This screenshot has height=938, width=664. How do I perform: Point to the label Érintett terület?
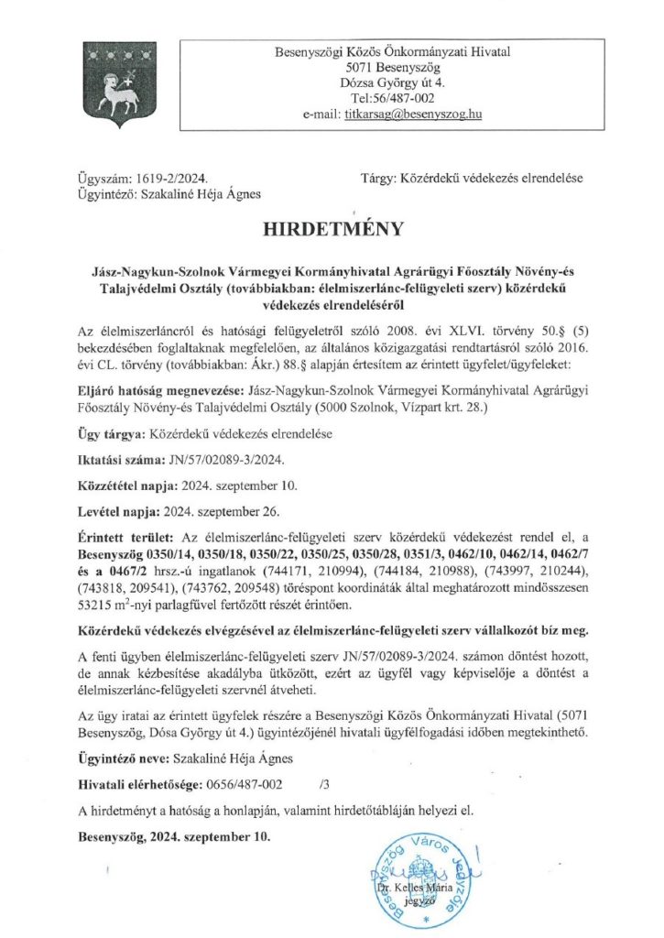click(x=124, y=536)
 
